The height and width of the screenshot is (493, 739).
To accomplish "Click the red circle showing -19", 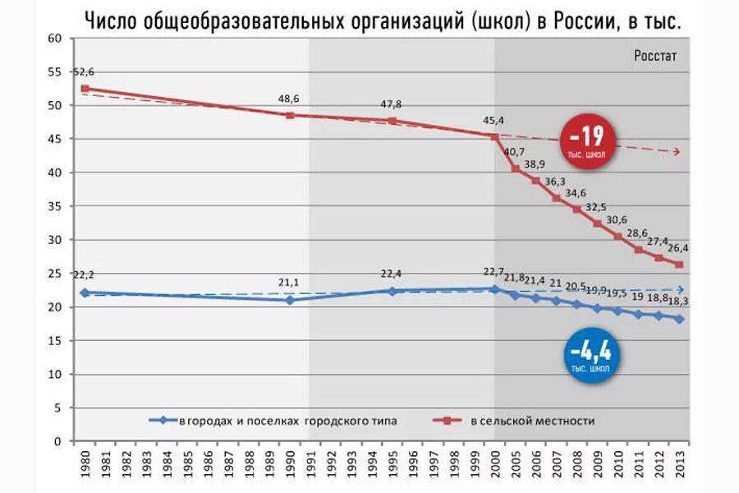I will [587, 141].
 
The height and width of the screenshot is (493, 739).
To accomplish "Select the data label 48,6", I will [288, 99].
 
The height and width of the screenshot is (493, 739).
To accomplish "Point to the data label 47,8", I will [391, 104].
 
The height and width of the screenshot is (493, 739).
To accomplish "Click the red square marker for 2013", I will [678, 265].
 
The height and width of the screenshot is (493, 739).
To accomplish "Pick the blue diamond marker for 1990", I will [289, 300].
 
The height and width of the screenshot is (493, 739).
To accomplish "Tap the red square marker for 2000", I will [494, 136].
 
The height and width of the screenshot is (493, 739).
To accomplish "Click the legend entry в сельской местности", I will [533, 421].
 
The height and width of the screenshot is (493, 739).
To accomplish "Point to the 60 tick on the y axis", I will [55, 39].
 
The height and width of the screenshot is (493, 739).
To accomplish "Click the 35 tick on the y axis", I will [55, 206].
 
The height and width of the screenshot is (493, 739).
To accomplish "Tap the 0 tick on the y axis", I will [58, 441].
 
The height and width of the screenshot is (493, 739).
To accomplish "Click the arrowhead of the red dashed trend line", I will [677, 152].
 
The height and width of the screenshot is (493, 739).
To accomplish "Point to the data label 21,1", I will [289, 283].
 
